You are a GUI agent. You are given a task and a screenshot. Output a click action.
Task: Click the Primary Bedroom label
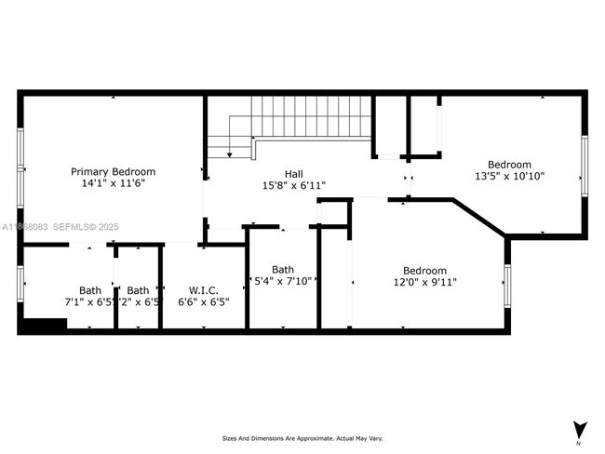(114, 171)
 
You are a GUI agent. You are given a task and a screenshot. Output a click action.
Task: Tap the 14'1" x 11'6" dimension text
(114, 184)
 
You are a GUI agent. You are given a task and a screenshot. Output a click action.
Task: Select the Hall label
(293, 174)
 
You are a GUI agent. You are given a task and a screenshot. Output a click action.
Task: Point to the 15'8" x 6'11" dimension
(293, 186)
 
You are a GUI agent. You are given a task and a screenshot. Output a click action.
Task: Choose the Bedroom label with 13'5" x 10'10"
(509, 164)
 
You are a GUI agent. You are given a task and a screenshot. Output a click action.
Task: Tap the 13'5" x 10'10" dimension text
(509, 176)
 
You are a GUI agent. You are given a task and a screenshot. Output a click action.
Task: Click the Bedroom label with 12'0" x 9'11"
(423, 271)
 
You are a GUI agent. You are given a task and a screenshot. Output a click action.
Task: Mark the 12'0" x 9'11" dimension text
(423, 283)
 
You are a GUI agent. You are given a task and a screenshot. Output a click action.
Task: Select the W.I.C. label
(203, 289)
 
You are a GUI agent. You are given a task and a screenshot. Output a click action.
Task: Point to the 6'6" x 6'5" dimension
(203, 301)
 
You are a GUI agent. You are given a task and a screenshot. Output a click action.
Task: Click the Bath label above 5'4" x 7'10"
(283, 269)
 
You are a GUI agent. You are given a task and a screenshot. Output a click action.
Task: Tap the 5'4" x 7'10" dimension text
(283, 281)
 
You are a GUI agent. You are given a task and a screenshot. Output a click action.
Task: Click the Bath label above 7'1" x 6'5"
(90, 289)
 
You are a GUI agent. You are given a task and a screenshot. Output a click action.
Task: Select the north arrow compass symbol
(580, 430)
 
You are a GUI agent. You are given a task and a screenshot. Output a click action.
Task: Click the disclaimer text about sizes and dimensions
(302, 438)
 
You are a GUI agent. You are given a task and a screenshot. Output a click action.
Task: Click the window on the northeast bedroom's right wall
(585, 166)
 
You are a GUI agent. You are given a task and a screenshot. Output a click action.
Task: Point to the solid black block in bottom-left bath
(44, 325)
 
